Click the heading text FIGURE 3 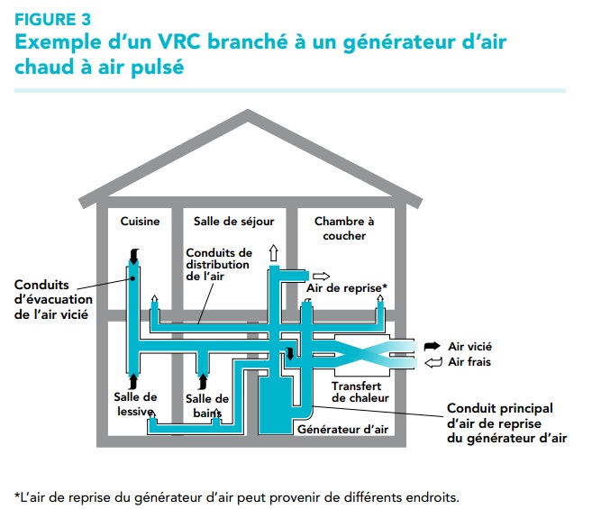coord(52,18)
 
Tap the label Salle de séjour coord(233,221)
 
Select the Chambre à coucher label coord(341,228)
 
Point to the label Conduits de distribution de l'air coord(219,264)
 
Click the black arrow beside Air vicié coord(433,346)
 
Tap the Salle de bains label coord(206,405)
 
